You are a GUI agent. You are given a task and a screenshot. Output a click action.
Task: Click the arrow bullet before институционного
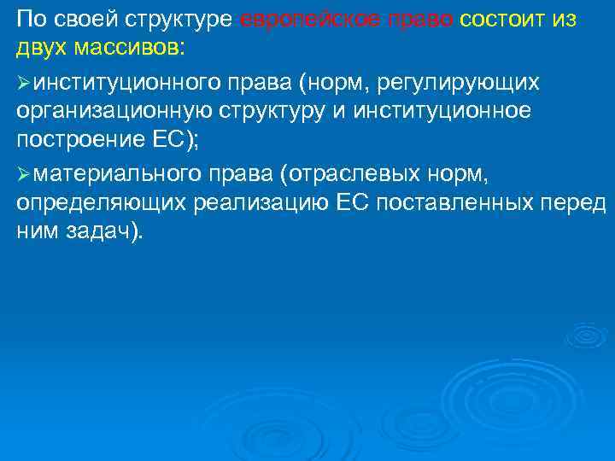[x=24, y=81]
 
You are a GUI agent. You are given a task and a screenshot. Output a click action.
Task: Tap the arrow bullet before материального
[x=24, y=174]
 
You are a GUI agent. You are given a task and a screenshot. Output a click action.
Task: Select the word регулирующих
[x=466, y=81]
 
